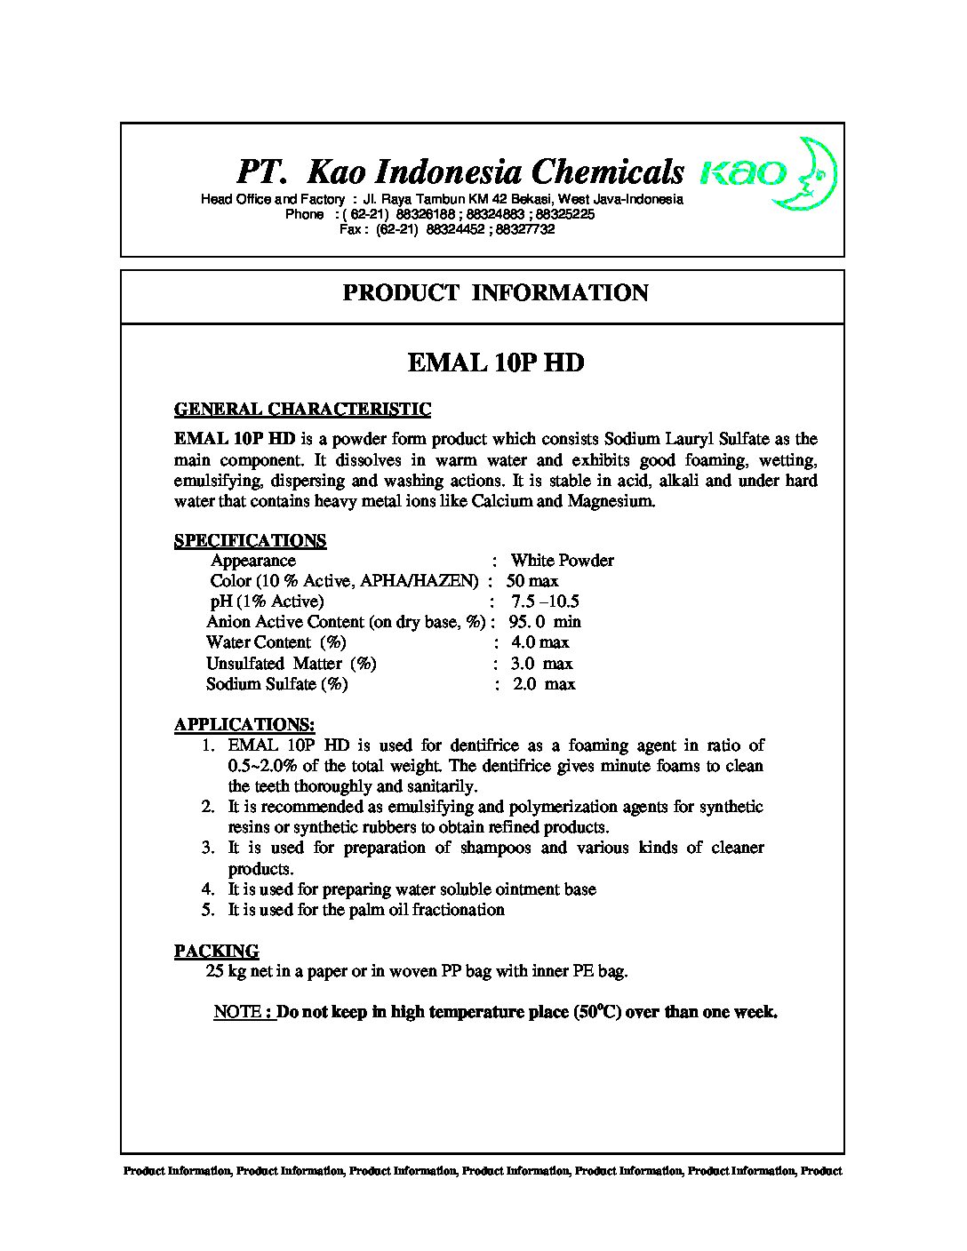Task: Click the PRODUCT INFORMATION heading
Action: [x=495, y=293]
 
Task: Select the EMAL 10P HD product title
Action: [x=495, y=363]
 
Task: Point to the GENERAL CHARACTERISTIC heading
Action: [x=302, y=410]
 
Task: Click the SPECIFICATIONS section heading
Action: [x=250, y=540]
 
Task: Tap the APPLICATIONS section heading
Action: [x=244, y=724]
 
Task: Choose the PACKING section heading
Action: [x=216, y=951]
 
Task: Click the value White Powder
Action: [x=562, y=561]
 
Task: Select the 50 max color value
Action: [x=532, y=581]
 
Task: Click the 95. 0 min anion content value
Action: [x=544, y=622]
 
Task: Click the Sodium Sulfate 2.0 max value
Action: [x=543, y=684]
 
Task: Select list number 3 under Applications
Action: [x=208, y=848]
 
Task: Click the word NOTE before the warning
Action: [x=238, y=1012]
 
